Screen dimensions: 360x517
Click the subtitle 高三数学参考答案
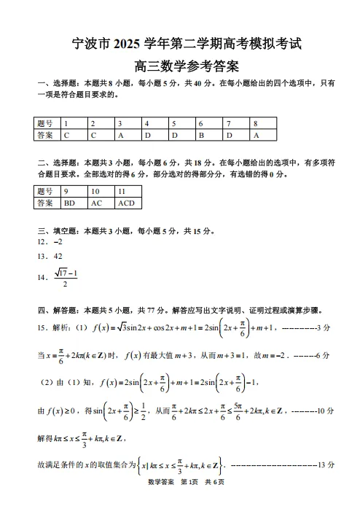(180, 66)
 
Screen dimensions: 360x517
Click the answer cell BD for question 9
(70, 203)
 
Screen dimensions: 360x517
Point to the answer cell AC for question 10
(97, 203)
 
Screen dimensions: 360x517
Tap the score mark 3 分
(325, 328)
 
